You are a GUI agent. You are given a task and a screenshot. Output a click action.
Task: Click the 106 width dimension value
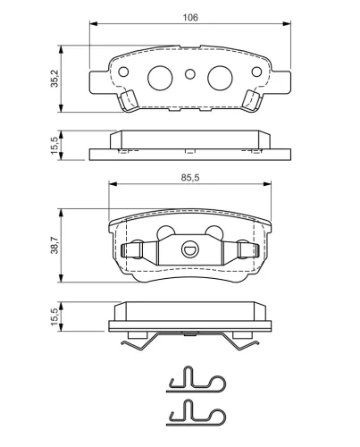pyautogui.click(x=190, y=18)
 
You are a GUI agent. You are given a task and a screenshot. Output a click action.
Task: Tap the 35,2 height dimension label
pyautogui.click(x=54, y=79)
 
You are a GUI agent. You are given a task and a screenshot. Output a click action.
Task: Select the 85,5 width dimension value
pyautogui.click(x=190, y=178)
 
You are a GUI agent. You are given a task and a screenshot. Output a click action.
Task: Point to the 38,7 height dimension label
pyautogui.click(x=54, y=245)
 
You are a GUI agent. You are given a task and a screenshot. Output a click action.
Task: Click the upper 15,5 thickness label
pyautogui.click(x=54, y=146)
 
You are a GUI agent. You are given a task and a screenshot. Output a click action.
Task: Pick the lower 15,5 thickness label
pyautogui.click(x=54, y=316)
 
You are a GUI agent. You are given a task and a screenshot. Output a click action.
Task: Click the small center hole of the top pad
pyautogui.click(x=190, y=74)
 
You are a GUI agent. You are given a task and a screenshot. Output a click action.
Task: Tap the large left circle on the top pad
pyautogui.click(x=160, y=78)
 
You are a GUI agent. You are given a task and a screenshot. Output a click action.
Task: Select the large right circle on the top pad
pyautogui.click(x=220, y=78)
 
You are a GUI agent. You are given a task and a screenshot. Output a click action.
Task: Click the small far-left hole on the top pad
pyautogui.click(x=123, y=72)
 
